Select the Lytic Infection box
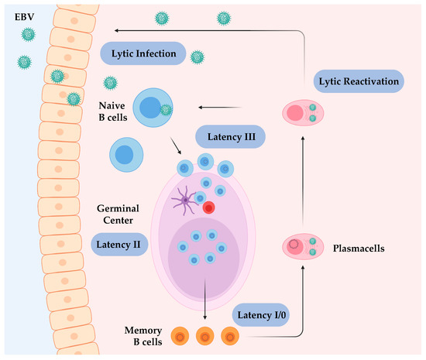point(143,53)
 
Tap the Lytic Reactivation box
point(359,81)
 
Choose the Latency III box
point(231,137)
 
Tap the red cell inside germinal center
point(208,207)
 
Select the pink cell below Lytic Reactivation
point(303,114)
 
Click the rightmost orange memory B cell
point(230,337)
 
